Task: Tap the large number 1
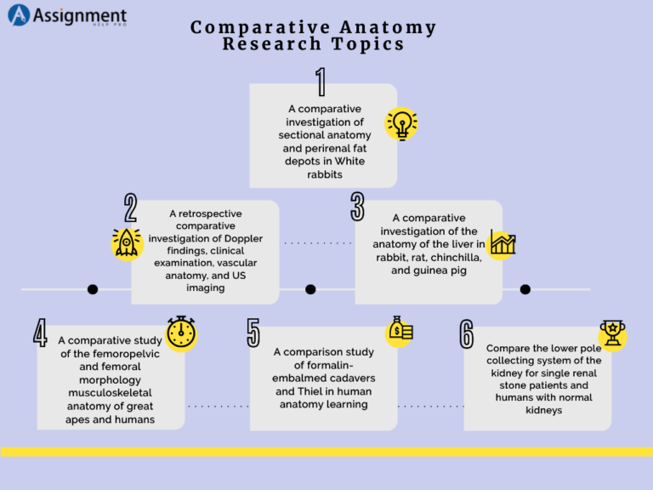pyautogui.click(x=321, y=83)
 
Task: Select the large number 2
pyautogui.click(x=130, y=208)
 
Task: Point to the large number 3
pyautogui.click(x=357, y=208)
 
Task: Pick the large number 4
pyautogui.click(x=40, y=333)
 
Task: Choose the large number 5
pyautogui.click(x=253, y=333)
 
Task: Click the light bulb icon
pyautogui.click(x=400, y=124)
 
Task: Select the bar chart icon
pyautogui.click(x=503, y=244)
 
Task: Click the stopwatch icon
pyautogui.click(x=181, y=333)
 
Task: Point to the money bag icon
pyautogui.click(x=400, y=331)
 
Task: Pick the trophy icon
pyautogui.click(x=611, y=333)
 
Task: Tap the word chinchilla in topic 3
pyautogui.click(x=461, y=258)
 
